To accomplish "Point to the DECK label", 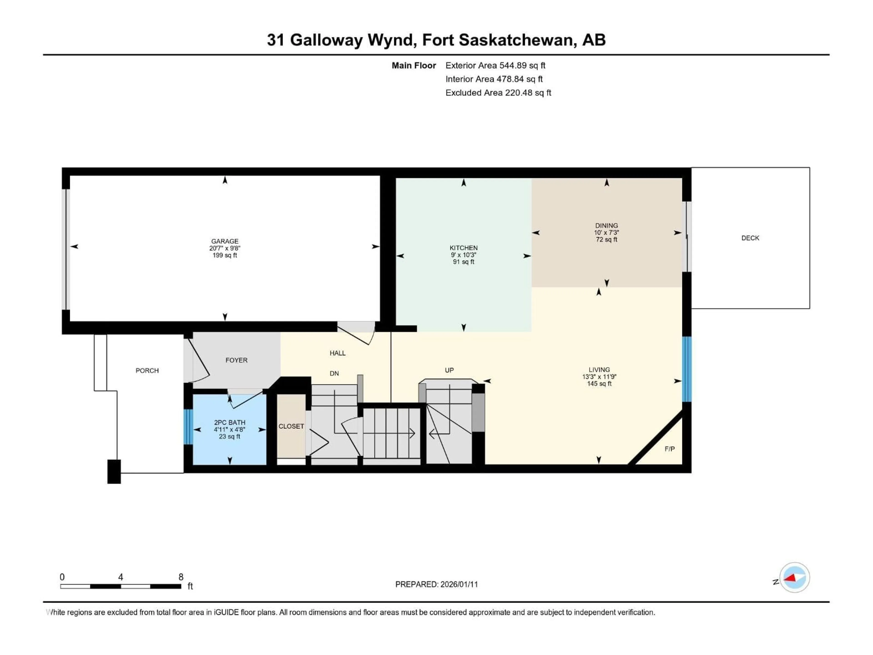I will [750, 238].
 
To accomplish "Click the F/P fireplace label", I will [669, 449].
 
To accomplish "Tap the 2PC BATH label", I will [229, 423].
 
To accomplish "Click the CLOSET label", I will [291, 426].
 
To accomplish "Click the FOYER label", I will [236, 360].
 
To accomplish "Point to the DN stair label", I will [334, 373].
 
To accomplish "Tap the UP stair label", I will [449, 370].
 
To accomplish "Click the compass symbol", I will [795, 578].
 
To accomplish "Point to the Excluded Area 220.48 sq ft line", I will [498, 93].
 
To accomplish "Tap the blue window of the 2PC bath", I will [188, 427].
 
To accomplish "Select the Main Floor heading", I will [414, 65].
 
